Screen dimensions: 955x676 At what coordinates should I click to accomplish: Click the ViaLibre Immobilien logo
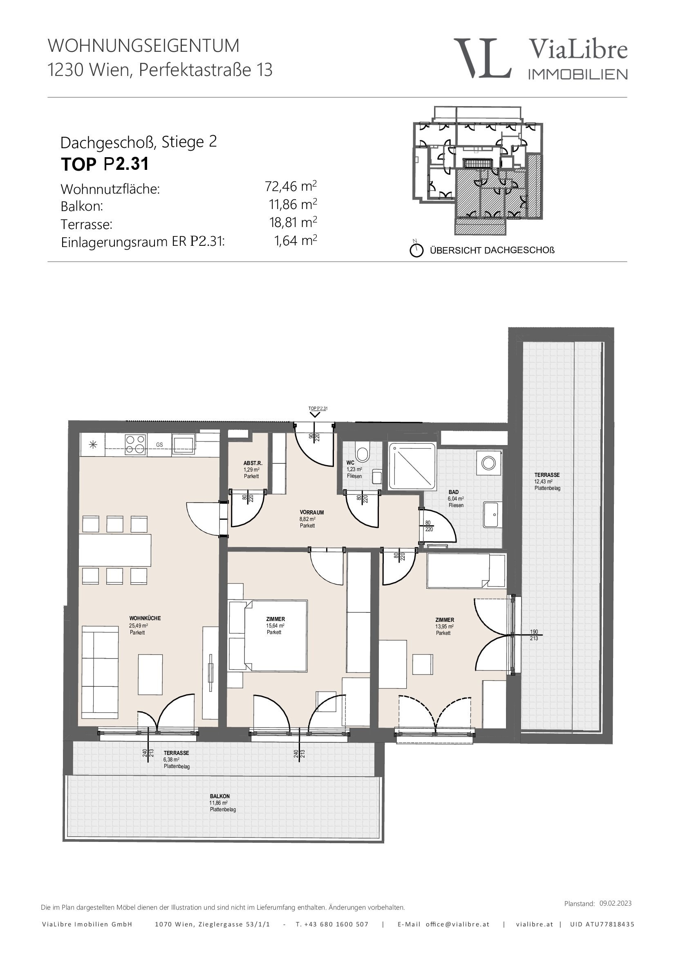(x=540, y=58)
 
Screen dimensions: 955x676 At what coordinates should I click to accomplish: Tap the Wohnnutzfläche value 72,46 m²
(x=291, y=186)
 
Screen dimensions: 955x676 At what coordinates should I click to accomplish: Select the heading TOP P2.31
(x=105, y=164)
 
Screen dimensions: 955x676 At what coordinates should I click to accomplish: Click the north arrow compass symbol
(x=416, y=250)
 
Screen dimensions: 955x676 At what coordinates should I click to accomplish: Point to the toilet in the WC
(x=362, y=453)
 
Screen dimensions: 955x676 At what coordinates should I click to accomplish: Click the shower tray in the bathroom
(x=412, y=466)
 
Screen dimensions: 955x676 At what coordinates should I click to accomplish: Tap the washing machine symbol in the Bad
(x=489, y=463)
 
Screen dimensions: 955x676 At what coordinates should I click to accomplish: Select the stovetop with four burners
(x=135, y=444)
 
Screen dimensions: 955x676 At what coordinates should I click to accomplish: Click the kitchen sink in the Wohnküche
(x=183, y=444)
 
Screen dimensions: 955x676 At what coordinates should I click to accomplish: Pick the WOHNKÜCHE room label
(x=144, y=619)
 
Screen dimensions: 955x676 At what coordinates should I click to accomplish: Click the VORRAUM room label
(x=311, y=512)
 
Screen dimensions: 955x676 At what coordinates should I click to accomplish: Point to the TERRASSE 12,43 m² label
(x=547, y=481)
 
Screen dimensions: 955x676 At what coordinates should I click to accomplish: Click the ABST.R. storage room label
(x=253, y=463)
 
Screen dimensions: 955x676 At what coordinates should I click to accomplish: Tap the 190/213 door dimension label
(x=534, y=635)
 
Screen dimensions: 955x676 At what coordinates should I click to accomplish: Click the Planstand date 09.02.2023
(x=615, y=904)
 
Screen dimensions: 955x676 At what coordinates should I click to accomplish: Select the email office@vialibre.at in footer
(x=457, y=924)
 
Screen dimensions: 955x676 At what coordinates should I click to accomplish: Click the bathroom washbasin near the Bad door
(x=493, y=514)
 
